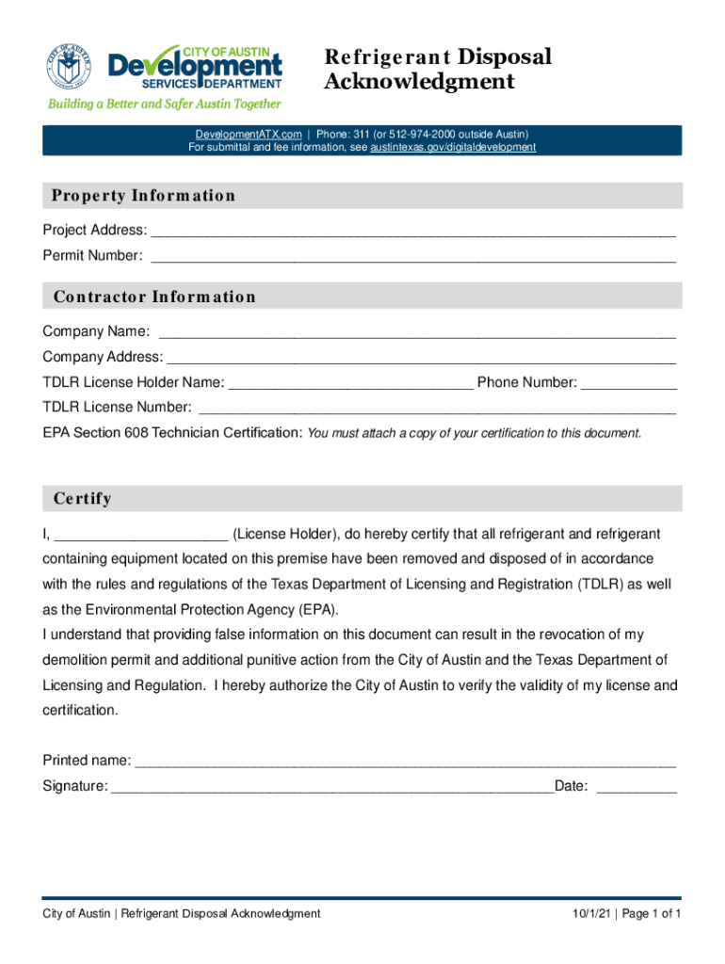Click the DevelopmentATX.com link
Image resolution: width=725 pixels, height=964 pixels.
pyautogui.click(x=249, y=135)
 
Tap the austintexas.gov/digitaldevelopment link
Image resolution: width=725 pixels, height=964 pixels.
pyautogui.click(x=453, y=148)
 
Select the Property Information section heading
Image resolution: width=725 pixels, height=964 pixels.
pyautogui.click(x=143, y=196)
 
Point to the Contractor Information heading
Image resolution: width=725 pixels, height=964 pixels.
pyautogui.click(x=154, y=297)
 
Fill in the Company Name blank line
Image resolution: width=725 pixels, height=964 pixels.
pyautogui.click(x=417, y=333)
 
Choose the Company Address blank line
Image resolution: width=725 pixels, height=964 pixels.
pyautogui.click(x=421, y=359)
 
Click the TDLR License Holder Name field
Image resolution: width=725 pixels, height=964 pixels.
pyautogui.click(x=350, y=384)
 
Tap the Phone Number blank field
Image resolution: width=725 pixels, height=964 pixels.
pyautogui.click(x=629, y=384)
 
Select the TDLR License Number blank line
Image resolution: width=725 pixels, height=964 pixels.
pyautogui.click(x=438, y=409)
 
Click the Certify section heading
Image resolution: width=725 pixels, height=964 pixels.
pyautogui.click(x=83, y=498)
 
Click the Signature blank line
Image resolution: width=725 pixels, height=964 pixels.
pyautogui.click(x=332, y=787)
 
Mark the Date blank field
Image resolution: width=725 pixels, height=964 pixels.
pyautogui.click(x=636, y=787)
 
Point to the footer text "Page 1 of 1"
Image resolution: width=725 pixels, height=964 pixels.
pyautogui.click(x=651, y=914)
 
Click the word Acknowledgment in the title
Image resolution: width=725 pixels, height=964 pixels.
pyautogui.click(x=419, y=82)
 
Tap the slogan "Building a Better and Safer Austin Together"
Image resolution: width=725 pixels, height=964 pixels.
pyautogui.click(x=165, y=104)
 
